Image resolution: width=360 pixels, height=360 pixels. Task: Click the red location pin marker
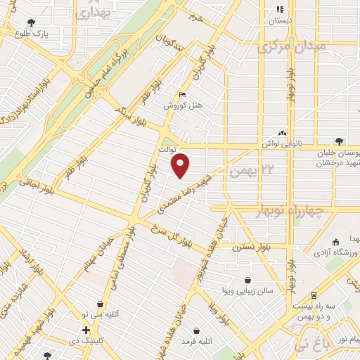click(x=181, y=165)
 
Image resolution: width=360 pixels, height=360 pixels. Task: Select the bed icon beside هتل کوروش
click(x=183, y=95)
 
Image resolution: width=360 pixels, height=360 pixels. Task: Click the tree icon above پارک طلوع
click(x=31, y=22)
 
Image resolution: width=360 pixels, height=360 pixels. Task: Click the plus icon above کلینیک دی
click(x=86, y=330)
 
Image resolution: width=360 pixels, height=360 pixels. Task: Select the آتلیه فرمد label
click(x=197, y=342)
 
